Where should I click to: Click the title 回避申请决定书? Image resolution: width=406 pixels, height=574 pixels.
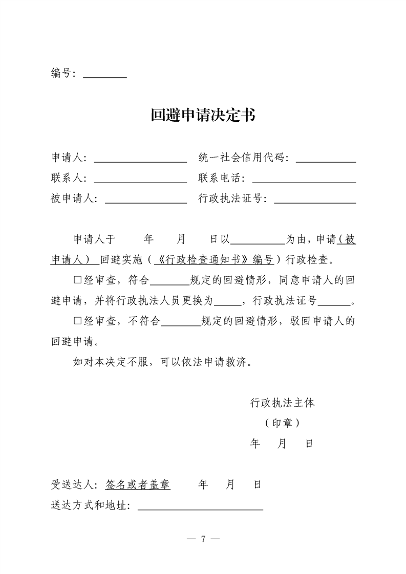tap(203, 115)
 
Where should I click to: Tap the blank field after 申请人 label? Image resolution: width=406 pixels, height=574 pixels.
tap(140, 158)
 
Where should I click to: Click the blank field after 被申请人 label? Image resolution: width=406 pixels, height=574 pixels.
tap(146, 200)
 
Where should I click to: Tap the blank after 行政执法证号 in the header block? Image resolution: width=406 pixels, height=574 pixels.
tap(315, 200)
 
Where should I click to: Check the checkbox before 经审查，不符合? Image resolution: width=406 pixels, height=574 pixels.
tap(78, 321)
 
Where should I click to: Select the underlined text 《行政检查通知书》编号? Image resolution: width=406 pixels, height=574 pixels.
tap(215, 259)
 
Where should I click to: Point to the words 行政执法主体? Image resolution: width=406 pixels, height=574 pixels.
tap(282, 403)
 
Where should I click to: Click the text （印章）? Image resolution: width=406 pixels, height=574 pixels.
tap(282, 423)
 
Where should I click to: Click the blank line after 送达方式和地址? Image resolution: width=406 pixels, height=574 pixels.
tap(200, 506)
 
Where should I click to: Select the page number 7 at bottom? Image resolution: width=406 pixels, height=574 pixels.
tap(203, 539)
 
